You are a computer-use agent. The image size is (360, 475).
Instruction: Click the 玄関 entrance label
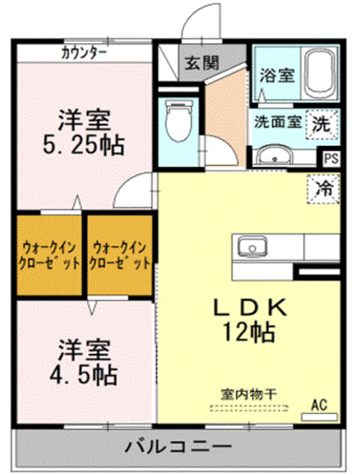pos(201,62)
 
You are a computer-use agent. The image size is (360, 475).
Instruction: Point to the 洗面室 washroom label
pos(277,121)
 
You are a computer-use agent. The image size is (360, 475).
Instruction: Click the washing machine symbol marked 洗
pos(321,121)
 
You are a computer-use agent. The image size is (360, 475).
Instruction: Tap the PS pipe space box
pos(330,158)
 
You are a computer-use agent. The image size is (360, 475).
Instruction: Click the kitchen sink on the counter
pos(252,248)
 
